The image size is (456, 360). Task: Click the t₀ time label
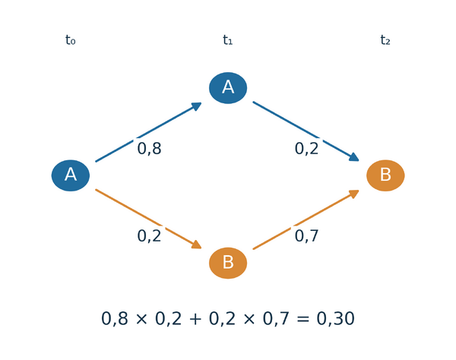(x=71, y=40)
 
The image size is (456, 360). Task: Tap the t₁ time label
(x=228, y=40)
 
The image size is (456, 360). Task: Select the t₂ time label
(x=385, y=40)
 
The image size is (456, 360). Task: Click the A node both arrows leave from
(x=71, y=175)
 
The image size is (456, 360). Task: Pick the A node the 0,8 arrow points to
(x=228, y=88)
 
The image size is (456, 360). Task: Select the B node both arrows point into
(x=385, y=175)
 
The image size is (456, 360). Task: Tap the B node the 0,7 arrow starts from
(x=228, y=263)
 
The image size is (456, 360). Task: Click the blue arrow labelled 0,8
(x=149, y=132)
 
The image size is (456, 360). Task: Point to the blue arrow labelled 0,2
(x=306, y=131)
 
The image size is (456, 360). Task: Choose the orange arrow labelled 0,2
(x=149, y=219)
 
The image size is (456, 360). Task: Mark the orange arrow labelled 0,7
(x=306, y=219)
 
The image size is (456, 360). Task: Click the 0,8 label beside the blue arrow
(x=149, y=149)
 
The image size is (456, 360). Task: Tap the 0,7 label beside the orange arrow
(x=306, y=236)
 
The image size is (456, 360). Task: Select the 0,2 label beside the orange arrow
(x=149, y=236)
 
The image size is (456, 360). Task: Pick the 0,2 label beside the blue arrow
(x=306, y=149)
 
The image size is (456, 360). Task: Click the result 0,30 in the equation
(x=335, y=318)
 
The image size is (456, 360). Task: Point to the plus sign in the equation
(x=195, y=319)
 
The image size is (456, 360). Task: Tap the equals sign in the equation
(x=302, y=319)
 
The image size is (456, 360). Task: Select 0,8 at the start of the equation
(x=114, y=318)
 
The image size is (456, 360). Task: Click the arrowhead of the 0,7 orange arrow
(x=354, y=194)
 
